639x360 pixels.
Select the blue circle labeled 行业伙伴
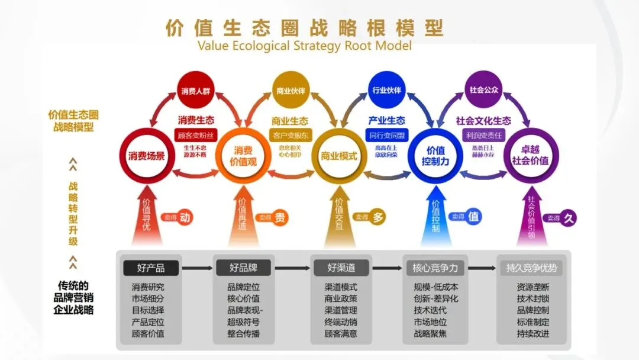[386, 90]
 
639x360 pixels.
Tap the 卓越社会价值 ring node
[530, 155]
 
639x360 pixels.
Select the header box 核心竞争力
[435, 268]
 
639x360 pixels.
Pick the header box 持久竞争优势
[531, 268]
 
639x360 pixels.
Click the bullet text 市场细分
[148, 298]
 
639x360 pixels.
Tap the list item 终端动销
[341, 322]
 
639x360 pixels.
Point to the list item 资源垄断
[532, 287]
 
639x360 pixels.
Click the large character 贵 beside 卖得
[280, 217]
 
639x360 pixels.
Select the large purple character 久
[569, 217]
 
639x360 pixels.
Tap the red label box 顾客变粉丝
[194, 134]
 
